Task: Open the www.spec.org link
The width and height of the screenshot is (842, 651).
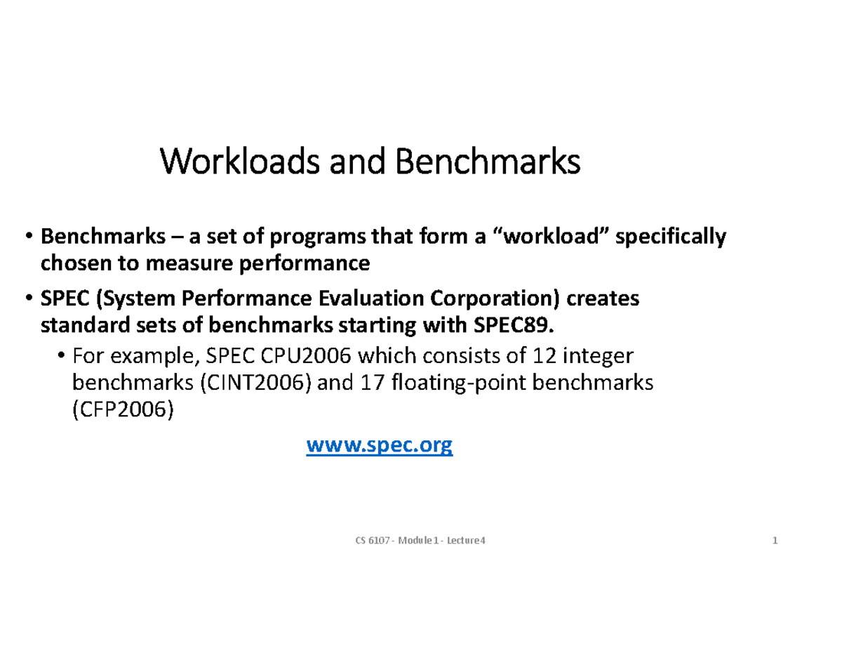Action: point(380,445)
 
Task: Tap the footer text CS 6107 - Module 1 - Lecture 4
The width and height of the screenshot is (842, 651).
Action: point(422,540)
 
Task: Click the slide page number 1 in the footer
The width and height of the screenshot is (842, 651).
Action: point(775,540)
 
